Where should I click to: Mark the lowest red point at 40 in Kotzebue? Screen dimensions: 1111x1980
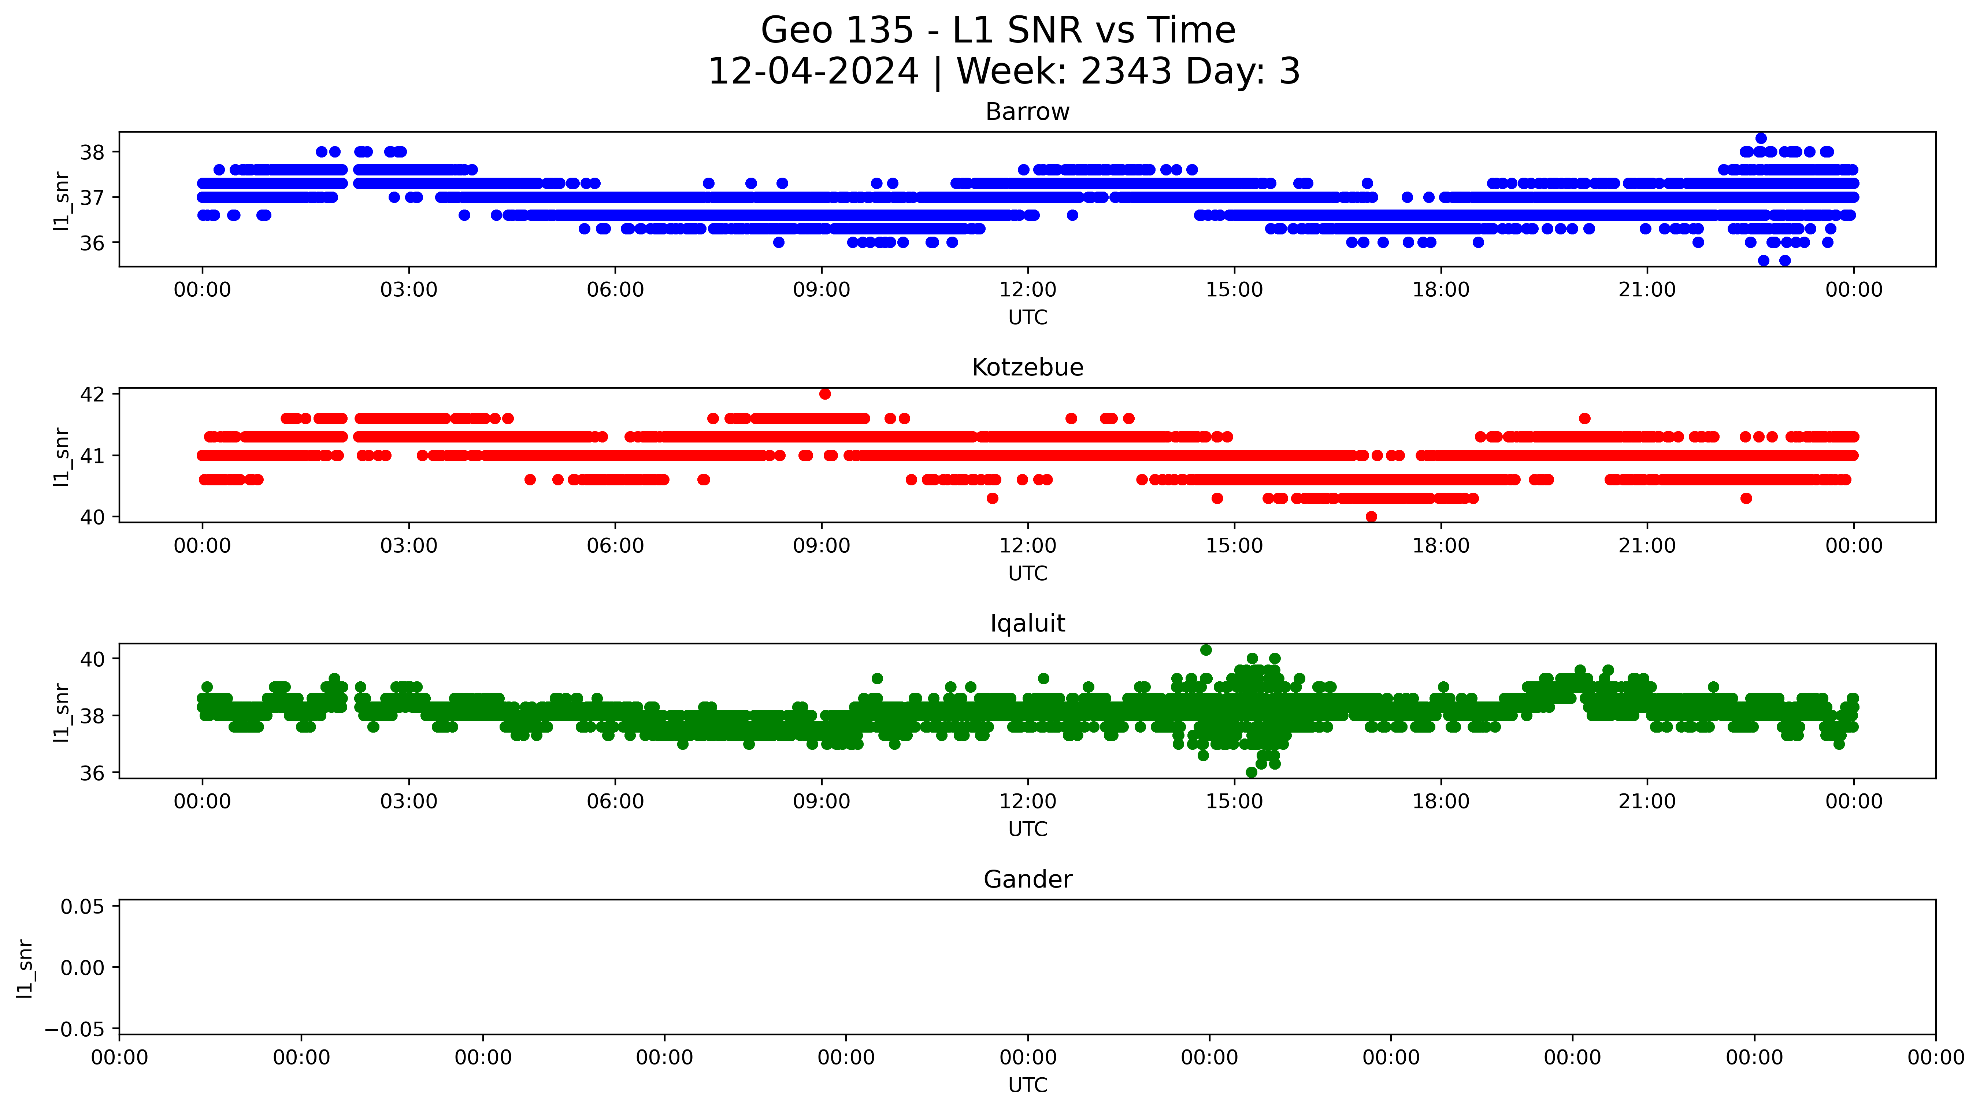pyautogui.click(x=1371, y=517)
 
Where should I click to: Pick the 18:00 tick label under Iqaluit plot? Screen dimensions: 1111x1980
pyautogui.click(x=1440, y=802)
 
